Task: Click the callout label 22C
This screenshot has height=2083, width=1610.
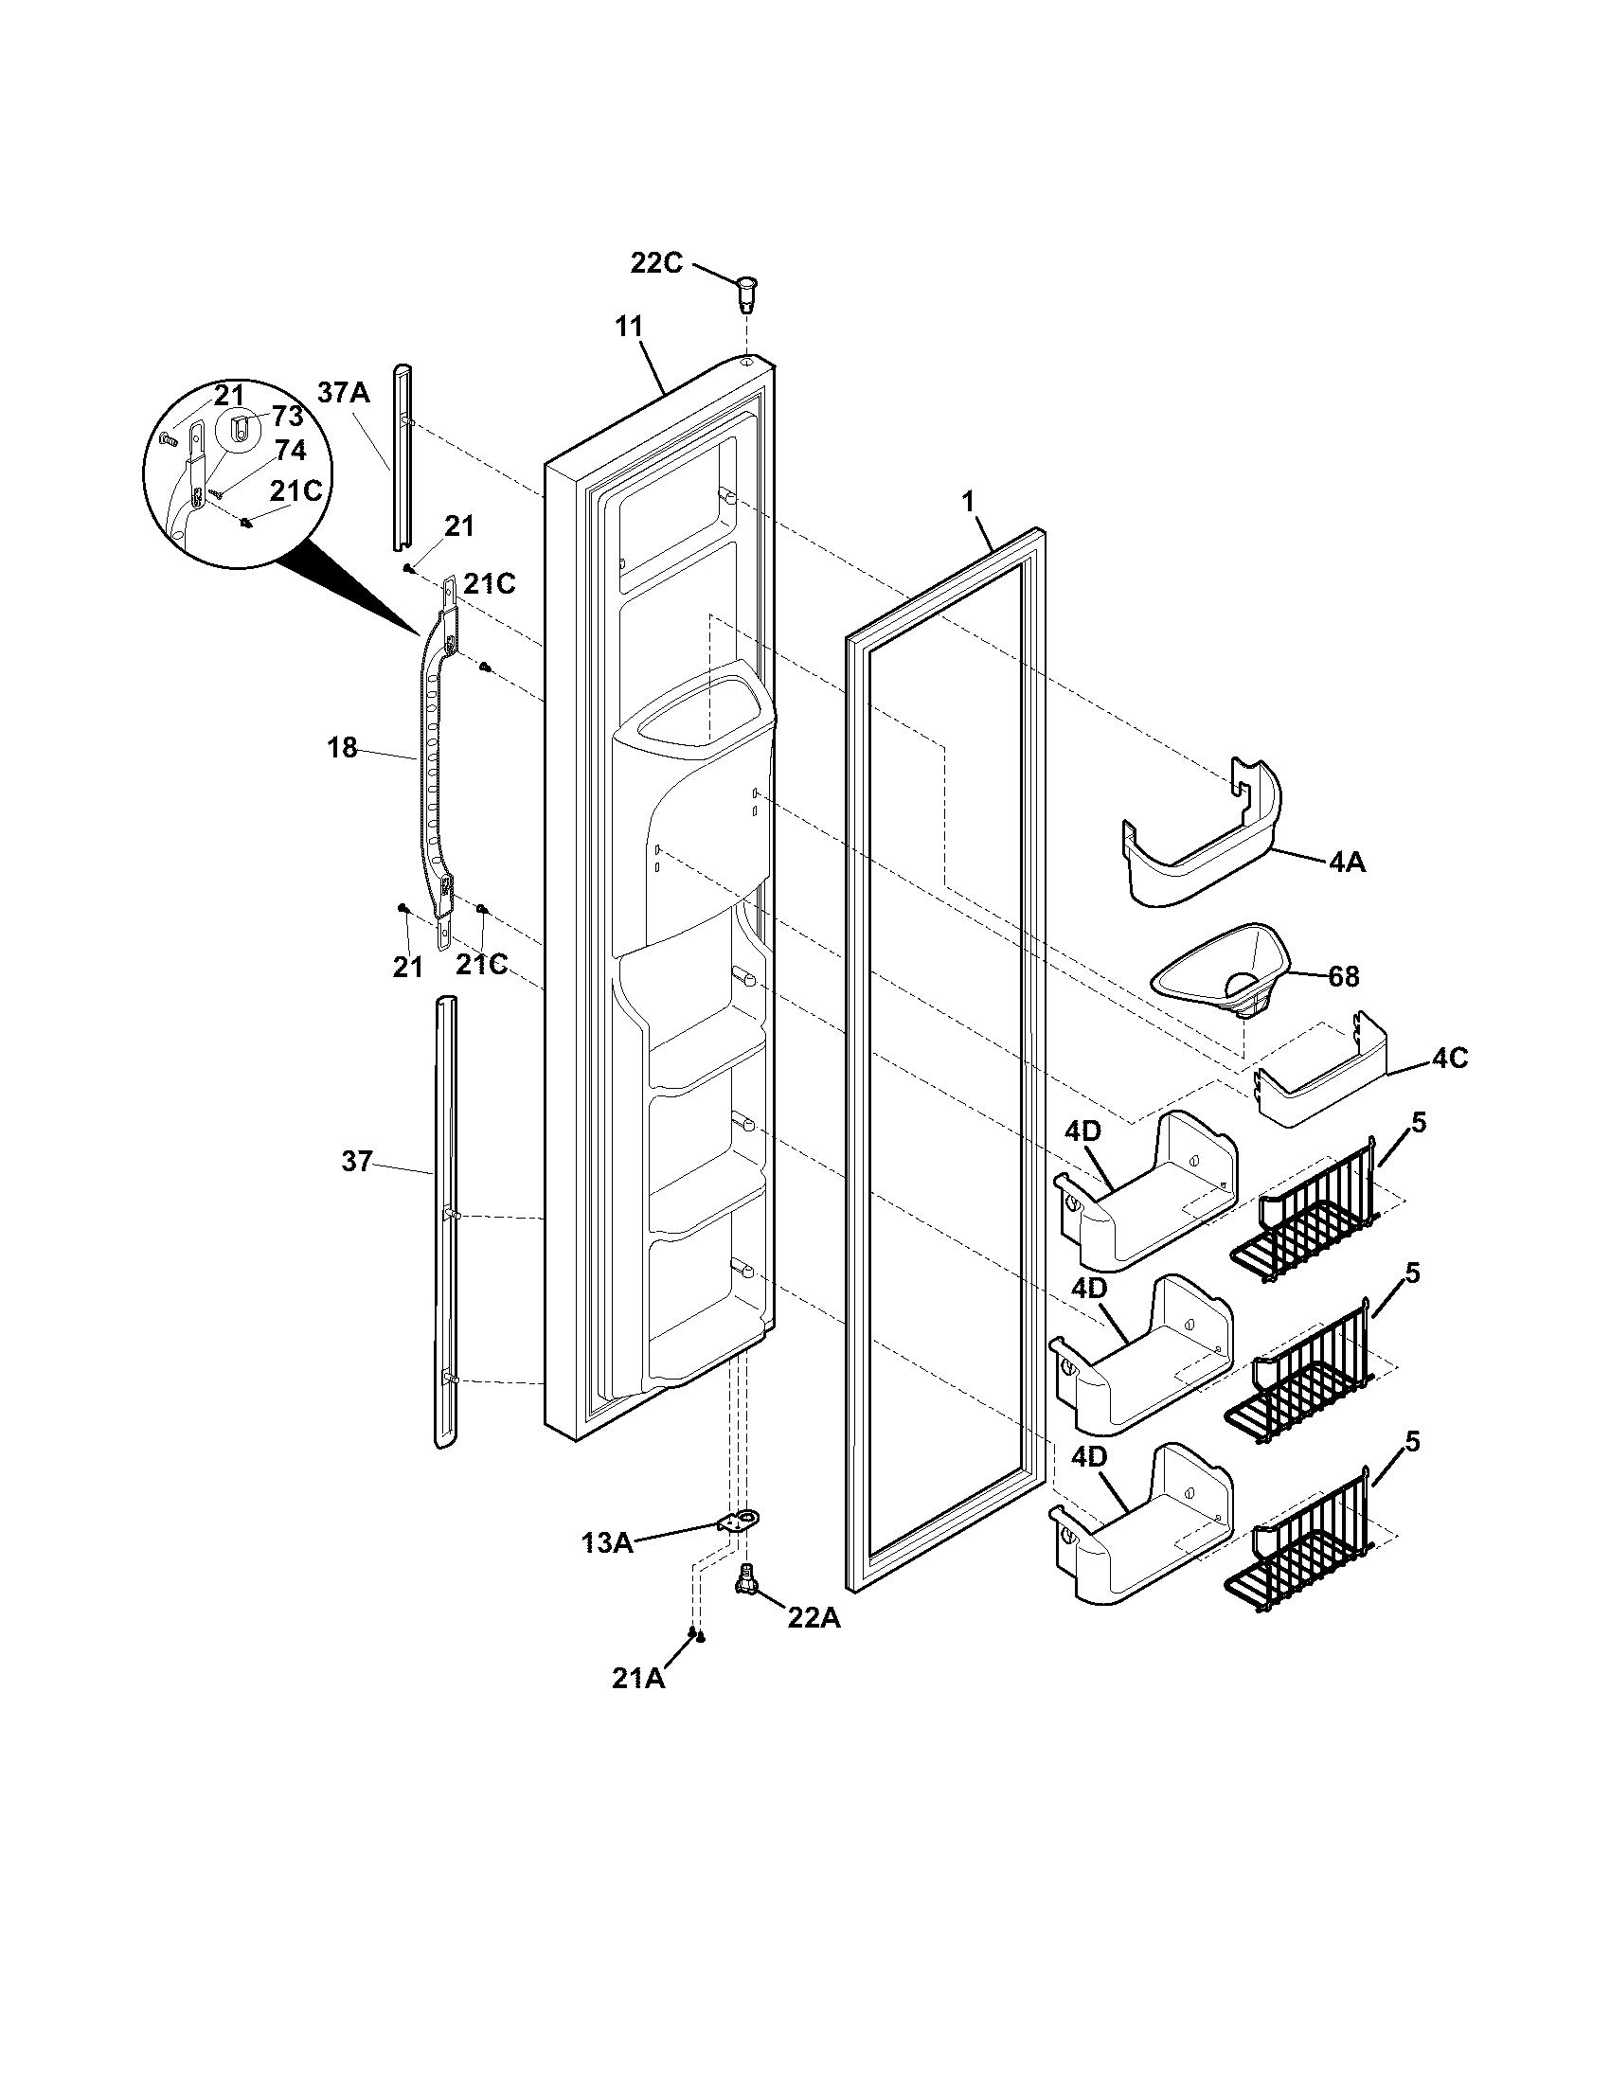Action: coord(656,262)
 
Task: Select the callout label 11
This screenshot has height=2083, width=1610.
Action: coord(629,327)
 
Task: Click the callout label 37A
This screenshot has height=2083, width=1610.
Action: coord(344,393)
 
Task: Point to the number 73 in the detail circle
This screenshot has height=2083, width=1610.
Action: coord(287,416)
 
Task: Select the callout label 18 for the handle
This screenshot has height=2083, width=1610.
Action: coord(343,748)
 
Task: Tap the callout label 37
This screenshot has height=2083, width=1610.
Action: coord(356,1162)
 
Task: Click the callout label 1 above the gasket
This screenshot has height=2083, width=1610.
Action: coord(968,502)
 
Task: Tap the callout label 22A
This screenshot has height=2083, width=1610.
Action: coord(814,1617)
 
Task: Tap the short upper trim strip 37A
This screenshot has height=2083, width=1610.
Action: coord(402,458)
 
